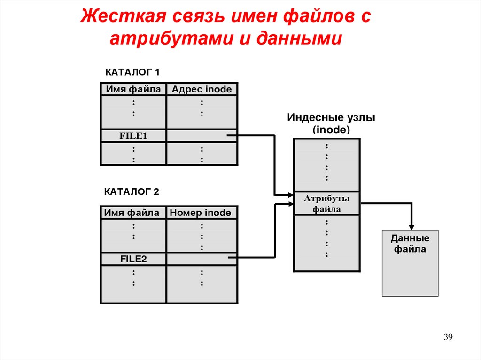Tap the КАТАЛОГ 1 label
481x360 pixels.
click(132, 72)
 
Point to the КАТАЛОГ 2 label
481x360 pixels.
click(132, 191)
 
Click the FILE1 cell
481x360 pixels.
click(133, 137)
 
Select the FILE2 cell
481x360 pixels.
click(133, 259)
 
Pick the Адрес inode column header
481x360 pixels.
click(202, 89)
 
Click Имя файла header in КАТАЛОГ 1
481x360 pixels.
click(133, 89)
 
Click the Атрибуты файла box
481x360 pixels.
click(327, 204)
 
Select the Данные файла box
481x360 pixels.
click(410, 263)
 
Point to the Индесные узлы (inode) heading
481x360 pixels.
click(331, 123)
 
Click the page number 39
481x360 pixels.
click(448, 337)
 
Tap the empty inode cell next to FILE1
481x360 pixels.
click(202, 136)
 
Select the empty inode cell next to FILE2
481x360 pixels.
click(202, 259)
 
